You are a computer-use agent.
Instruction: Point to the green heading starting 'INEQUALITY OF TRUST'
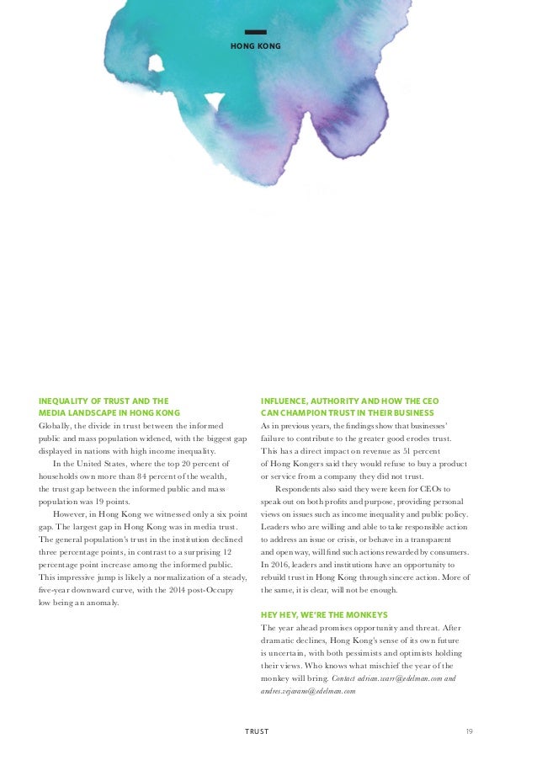coord(104,401)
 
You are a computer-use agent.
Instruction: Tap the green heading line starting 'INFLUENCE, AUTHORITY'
coord(349,401)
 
